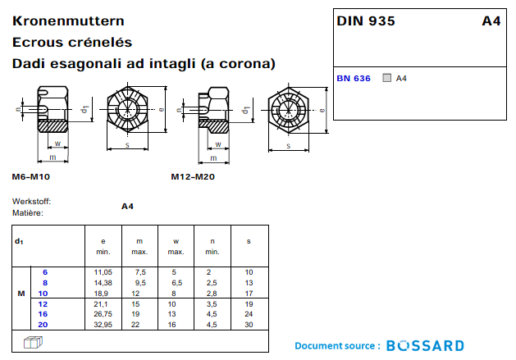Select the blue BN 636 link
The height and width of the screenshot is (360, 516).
(354, 79)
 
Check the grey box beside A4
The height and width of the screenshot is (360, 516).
(387, 79)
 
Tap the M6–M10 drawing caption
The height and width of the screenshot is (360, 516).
(31, 177)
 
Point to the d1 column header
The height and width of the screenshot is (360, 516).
(19, 241)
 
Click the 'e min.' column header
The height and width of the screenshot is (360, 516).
(103, 246)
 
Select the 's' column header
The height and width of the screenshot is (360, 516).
(249, 241)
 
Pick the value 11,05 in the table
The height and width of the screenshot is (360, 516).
(103, 271)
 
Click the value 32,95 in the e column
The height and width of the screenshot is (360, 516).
(103, 325)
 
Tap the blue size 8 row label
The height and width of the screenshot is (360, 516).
(45, 282)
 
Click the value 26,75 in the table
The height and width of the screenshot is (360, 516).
(103, 314)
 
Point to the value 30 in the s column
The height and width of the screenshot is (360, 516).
(249, 325)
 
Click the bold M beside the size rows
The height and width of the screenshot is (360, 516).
(21, 293)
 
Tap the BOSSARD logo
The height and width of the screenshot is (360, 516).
(425, 346)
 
